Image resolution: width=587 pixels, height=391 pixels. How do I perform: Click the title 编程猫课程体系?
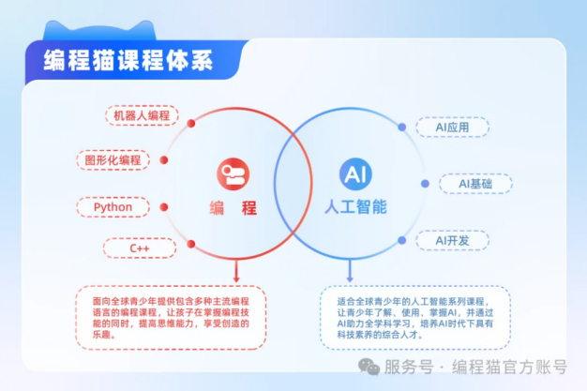128,60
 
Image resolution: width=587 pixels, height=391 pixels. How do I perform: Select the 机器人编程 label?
142,115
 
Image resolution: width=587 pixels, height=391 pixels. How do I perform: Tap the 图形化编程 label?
113,160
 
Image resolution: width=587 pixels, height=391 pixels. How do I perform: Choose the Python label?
113,206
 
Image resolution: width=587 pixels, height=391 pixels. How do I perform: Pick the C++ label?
140,248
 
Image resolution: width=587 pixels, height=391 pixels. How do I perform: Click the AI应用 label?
452,128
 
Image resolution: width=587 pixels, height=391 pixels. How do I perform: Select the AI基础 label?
475,184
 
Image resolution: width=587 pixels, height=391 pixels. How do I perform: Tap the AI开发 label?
452,240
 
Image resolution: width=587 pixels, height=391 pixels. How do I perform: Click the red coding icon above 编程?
233,173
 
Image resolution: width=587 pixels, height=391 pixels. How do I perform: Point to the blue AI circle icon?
355,173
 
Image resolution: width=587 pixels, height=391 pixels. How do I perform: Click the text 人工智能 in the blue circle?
355,206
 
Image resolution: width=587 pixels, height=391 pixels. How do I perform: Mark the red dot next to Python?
163,207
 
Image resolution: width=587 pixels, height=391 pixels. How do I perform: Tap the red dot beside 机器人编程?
191,123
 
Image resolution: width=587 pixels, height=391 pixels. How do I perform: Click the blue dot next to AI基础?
425,184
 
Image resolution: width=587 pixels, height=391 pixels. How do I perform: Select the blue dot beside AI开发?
401,240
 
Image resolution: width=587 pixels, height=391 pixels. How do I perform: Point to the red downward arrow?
236,271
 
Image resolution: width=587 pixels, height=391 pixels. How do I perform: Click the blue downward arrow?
350,271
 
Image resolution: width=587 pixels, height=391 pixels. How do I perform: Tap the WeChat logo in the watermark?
369,367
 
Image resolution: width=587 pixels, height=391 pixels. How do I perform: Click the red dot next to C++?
191,244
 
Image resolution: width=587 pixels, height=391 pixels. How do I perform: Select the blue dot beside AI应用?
401,128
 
